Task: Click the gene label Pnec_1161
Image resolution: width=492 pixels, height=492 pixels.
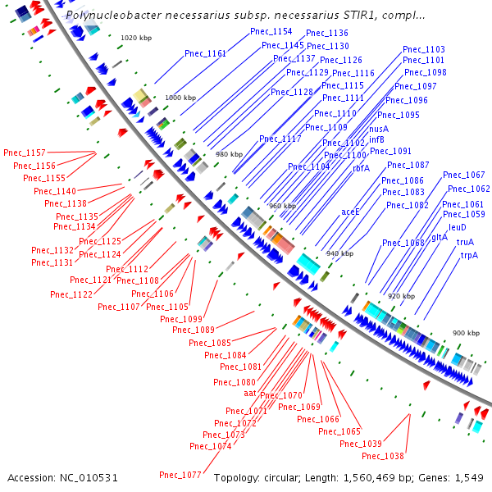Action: coord(206,53)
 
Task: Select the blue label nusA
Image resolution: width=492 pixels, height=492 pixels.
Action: coord(379,129)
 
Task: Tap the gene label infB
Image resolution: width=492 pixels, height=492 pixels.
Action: coord(376,139)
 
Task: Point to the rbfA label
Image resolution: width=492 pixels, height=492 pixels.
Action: coord(361,168)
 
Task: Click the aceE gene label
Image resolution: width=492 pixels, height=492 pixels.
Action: coord(350,212)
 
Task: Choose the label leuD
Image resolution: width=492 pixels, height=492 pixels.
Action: coord(458,227)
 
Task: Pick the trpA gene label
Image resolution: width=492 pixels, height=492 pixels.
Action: coord(469,255)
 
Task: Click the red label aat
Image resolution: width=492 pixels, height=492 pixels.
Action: coord(250,393)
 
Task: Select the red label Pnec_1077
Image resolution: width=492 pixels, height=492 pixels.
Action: coord(180,475)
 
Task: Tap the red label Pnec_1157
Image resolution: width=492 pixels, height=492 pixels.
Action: coord(25,153)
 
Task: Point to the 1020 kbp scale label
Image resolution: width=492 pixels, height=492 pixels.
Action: coord(136,38)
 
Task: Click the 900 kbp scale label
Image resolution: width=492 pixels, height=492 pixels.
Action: coord(466,333)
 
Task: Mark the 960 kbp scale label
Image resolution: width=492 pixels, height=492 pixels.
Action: coord(282,206)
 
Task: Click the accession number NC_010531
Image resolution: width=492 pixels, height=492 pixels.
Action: coord(89,478)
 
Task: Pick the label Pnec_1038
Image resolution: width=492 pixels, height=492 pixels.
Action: coord(383,456)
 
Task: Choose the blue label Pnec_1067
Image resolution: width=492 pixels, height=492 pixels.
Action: coord(464,175)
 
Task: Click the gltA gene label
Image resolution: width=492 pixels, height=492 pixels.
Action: coord(440,238)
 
